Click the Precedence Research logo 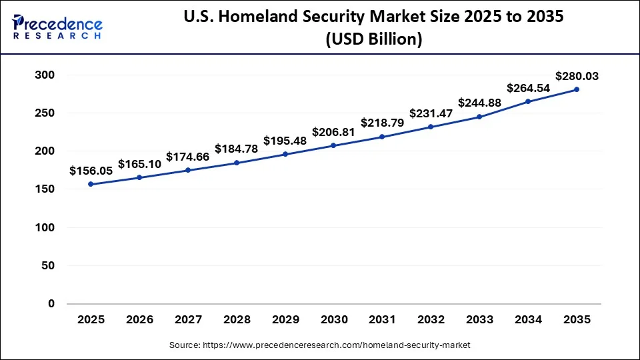coord(57,26)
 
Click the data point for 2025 coord(91,184)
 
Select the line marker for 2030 coord(333,145)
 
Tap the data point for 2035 coord(576,89)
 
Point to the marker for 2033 coord(479,117)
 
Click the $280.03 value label coord(576,76)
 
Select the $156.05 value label coord(91,171)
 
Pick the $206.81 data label coord(333,132)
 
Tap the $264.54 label coord(528,87)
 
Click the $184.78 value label coord(237,149)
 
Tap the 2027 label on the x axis coord(188,320)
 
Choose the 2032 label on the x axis coord(431,320)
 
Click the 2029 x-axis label coord(285,320)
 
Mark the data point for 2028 coord(237,163)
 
